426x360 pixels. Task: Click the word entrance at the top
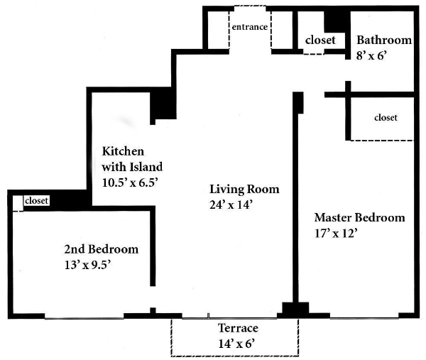250,27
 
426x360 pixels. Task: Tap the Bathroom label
384,40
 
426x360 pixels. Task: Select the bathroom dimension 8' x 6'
371,55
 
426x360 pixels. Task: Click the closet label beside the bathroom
320,40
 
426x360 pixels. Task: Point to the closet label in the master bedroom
386,117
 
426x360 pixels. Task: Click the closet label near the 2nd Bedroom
36,200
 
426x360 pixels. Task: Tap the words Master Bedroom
360,217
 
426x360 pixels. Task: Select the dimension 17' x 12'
336,234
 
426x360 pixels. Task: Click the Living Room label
244,190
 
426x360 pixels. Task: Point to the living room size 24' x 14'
231,204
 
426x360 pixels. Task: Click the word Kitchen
123,151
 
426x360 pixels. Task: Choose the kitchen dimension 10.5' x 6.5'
130,182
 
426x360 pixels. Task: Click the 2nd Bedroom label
102,249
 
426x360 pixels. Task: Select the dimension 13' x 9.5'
87,265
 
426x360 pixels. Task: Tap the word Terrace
238,328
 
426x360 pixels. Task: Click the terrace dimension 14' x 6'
236,344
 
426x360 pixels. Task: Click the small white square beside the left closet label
18,203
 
